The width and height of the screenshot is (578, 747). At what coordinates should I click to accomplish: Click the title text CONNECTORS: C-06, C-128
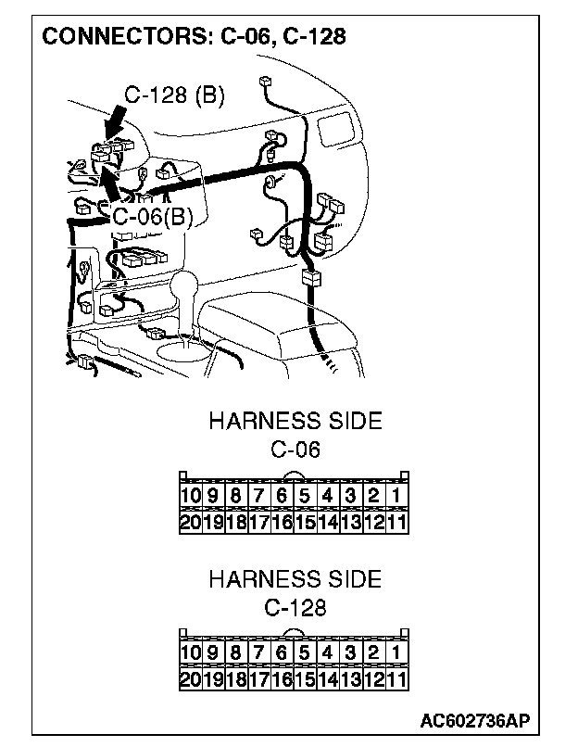pos(195,37)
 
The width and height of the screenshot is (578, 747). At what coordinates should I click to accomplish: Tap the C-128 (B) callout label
pos(175,95)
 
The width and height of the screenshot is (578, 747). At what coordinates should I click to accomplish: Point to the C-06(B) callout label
pos(153,217)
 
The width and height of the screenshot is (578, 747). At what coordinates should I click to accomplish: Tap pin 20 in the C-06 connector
pos(189,523)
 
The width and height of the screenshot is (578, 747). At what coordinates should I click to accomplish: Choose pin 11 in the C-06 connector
pos(396,523)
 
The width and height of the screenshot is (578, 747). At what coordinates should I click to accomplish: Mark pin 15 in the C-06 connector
pos(304,523)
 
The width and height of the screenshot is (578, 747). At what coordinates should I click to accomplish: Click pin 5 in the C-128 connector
pos(304,653)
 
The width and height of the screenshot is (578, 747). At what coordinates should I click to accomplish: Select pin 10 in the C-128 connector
pos(189,653)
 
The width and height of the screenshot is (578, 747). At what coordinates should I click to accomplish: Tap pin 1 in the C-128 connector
pos(396,653)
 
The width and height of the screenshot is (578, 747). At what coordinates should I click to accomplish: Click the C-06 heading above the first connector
pos(295,450)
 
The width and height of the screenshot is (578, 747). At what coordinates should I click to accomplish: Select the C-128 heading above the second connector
pos(295,609)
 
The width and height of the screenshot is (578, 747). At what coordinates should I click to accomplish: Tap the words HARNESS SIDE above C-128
pos(295,580)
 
